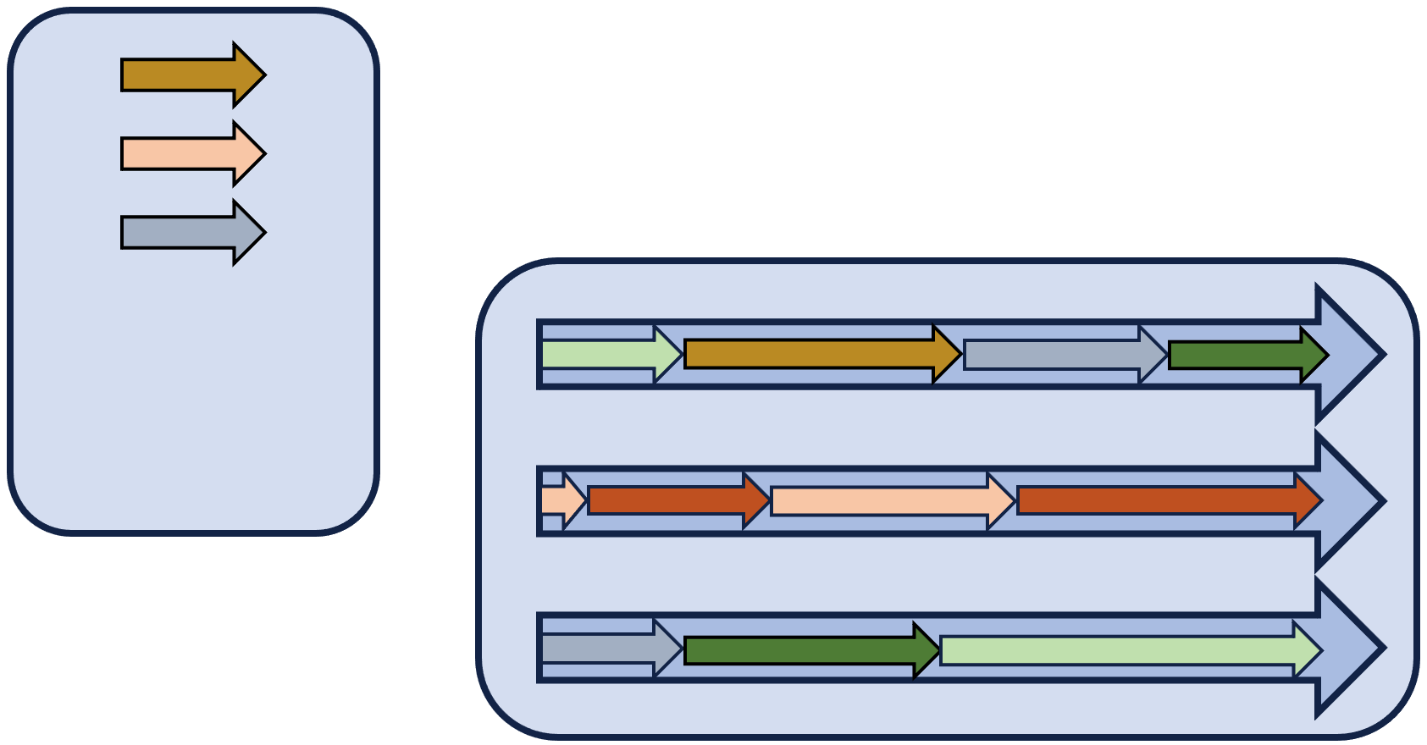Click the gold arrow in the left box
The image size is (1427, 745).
[x=182, y=75]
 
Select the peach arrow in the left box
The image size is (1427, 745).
[x=182, y=154]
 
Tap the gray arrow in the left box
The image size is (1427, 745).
[x=182, y=233]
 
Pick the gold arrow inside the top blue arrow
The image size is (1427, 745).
[x=813, y=354]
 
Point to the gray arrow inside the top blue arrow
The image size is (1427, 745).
[x=1054, y=354]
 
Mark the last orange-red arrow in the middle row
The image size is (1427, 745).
[x=1160, y=500]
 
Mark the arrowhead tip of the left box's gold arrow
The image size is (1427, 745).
[x=261, y=75]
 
